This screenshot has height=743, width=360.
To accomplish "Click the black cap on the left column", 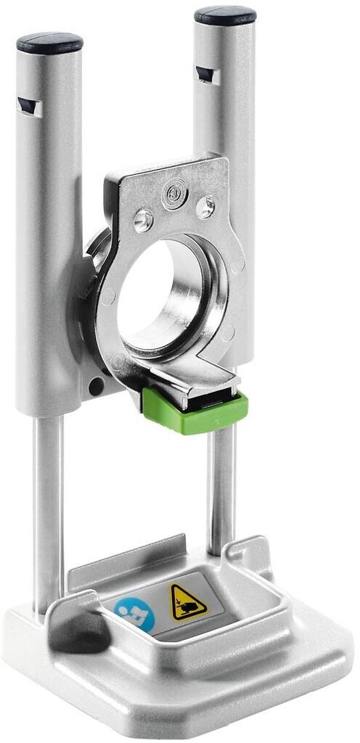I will click(x=49, y=42).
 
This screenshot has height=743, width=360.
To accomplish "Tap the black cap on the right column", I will click(x=225, y=15).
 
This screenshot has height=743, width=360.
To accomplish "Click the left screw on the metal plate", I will click(x=143, y=218).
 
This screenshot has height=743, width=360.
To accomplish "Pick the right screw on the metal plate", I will click(x=205, y=208).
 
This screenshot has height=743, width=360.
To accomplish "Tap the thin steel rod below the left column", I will click(x=49, y=508).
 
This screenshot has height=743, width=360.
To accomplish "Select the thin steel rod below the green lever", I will click(x=218, y=486).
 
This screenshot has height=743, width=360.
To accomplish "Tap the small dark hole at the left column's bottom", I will click(x=96, y=387).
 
